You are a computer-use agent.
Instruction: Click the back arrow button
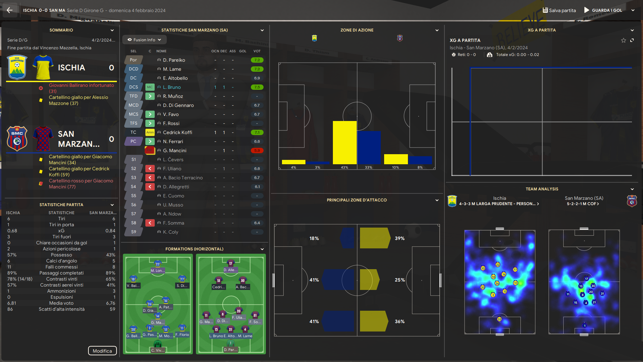click(x=10, y=10)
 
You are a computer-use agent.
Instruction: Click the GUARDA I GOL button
click(x=603, y=10)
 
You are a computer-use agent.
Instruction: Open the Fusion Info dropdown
click(x=144, y=40)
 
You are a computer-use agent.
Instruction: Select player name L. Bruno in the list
click(x=172, y=87)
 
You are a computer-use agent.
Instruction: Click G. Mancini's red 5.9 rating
click(x=257, y=150)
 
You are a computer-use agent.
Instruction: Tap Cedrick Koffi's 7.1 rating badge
click(x=257, y=132)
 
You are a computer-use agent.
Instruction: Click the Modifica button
click(x=102, y=351)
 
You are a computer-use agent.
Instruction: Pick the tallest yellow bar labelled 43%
click(x=344, y=142)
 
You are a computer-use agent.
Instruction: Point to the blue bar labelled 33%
click(x=369, y=147)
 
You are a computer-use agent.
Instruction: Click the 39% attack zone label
click(x=400, y=238)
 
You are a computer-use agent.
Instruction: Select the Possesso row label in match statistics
click(x=61, y=255)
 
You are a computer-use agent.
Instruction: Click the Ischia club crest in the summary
click(x=17, y=67)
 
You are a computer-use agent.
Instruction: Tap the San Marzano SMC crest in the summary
click(x=17, y=138)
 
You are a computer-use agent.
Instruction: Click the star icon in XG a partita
click(x=623, y=40)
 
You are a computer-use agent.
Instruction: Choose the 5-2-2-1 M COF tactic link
click(x=583, y=204)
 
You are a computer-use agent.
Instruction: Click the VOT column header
click(x=257, y=51)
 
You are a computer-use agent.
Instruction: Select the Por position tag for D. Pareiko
click(x=133, y=60)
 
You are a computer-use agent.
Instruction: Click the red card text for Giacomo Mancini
click(x=81, y=184)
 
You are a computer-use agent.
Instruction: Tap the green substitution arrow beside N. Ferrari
click(x=150, y=141)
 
